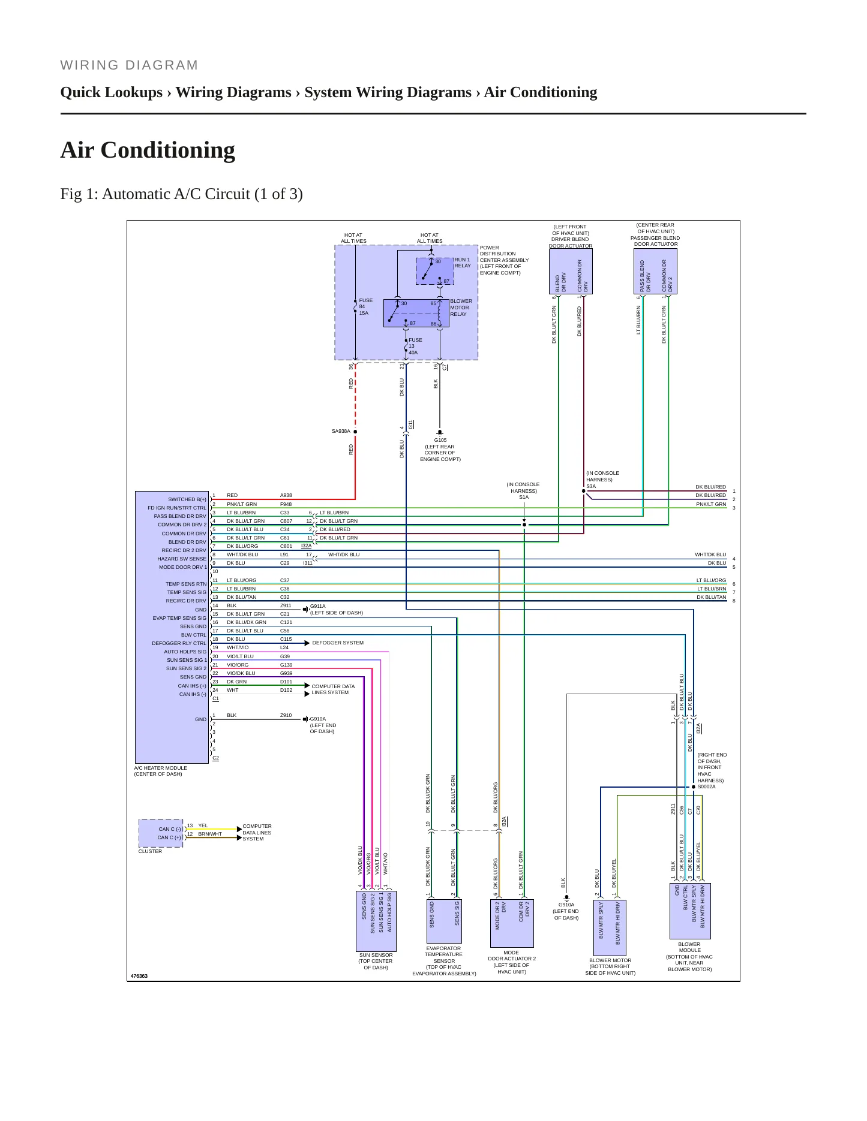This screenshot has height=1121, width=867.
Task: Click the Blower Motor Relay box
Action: point(416,313)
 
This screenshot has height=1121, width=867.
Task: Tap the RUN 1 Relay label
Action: point(463,263)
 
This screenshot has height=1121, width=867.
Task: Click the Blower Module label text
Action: point(689,957)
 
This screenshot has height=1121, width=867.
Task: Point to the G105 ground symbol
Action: point(440,432)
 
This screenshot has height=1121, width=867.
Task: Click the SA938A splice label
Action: point(341,431)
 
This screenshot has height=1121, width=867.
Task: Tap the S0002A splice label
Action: point(706,786)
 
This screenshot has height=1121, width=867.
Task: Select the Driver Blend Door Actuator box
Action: point(571,272)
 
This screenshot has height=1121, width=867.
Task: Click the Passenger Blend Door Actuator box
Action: point(655,272)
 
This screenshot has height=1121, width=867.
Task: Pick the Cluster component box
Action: point(161,833)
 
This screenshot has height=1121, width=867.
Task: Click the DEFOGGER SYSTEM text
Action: point(338,643)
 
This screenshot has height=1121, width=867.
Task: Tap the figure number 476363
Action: point(139,976)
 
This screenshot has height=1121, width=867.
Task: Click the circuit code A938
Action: point(286,495)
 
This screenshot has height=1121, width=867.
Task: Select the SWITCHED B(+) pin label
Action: point(187,499)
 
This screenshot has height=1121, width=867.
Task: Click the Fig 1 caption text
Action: point(181,194)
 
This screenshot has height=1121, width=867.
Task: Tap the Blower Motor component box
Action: point(610,927)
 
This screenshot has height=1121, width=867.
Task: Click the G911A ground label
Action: point(318,606)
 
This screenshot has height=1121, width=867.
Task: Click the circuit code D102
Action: point(286,690)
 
